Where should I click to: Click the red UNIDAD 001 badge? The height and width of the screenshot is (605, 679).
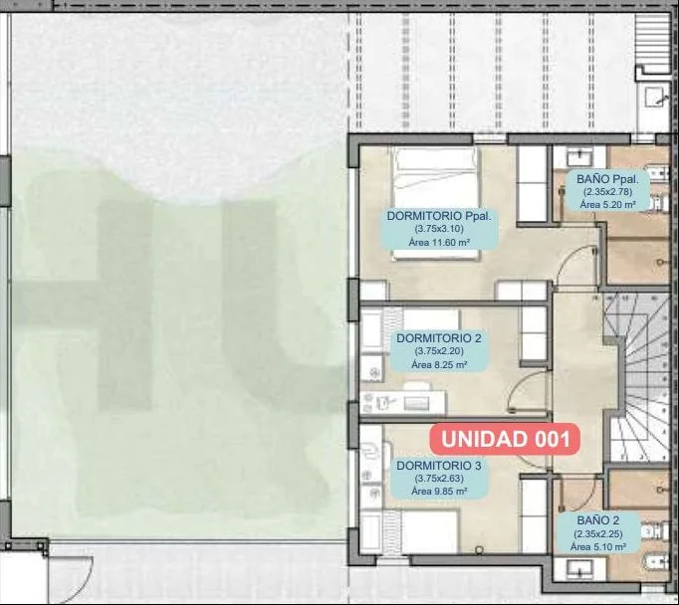(505, 439)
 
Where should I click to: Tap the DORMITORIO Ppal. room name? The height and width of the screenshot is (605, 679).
(439, 216)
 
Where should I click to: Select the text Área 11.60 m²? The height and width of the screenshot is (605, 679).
(439, 243)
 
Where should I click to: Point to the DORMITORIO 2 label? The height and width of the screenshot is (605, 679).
(439, 338)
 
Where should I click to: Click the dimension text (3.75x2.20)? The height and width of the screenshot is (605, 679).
(439, 351)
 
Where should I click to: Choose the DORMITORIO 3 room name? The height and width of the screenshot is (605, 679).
(439, 466)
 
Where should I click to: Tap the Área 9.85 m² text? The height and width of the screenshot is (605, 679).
(439, 492)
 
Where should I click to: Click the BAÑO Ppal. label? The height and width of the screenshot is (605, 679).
(607, 179)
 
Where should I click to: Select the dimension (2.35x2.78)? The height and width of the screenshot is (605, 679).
(607, 192)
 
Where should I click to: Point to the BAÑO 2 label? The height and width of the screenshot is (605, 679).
(598, 520)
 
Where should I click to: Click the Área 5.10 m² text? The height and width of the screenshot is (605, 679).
(598, 547)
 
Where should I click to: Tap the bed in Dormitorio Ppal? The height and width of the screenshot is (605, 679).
(436, 203)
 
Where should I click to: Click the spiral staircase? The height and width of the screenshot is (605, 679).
(636, 376)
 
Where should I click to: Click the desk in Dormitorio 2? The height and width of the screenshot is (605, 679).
(403, 403)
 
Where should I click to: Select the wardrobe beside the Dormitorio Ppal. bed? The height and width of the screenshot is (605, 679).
(533, 184)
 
